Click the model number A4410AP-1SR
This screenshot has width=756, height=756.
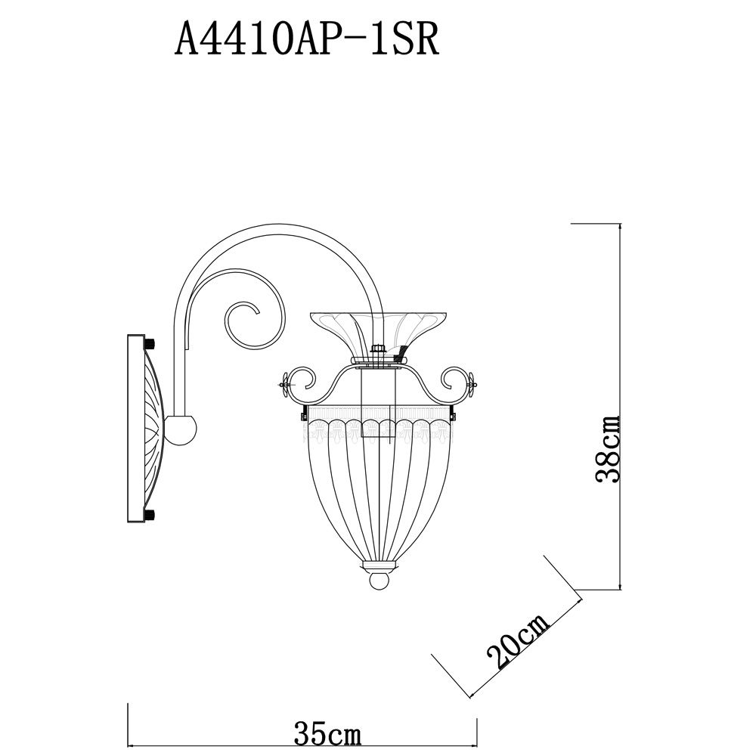click(x=307, y=39)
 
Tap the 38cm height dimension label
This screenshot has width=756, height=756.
click(x=609, y=448)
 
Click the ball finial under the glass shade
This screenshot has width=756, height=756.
click(x=380, y=581)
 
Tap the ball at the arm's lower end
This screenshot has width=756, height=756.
click(x=182, y=430)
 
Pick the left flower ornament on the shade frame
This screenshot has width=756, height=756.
click(x=286, y=384)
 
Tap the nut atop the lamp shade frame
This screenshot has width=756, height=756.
click(x=380, y=349)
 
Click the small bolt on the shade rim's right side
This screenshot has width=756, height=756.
click(x=454, y=414)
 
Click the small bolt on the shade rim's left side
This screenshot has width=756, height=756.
click(x=302, y=414)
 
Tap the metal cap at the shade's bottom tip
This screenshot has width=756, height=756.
click(x=380, y=565)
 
